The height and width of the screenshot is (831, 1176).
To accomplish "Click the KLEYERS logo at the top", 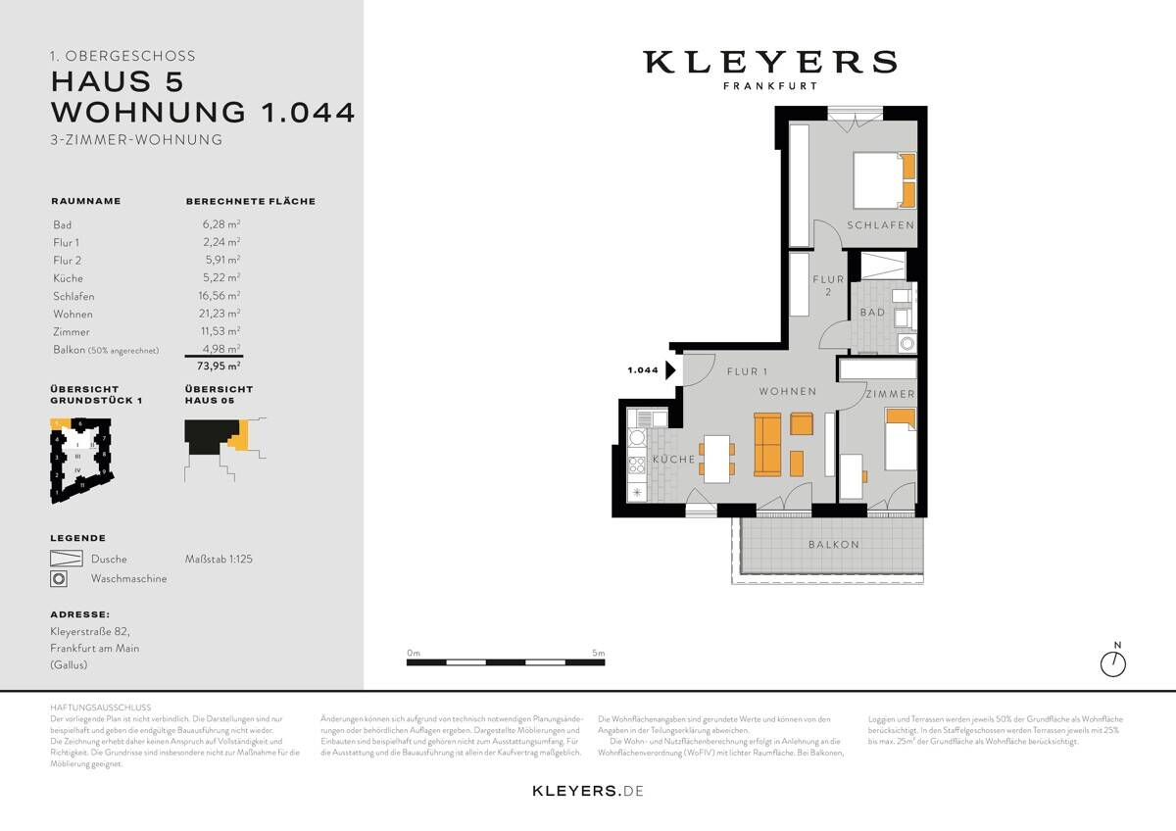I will (769, 63).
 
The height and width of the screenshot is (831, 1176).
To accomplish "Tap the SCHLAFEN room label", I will (881, 225).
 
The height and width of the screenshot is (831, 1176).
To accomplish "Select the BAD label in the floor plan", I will (872, 313).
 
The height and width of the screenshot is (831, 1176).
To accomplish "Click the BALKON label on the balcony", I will (833, 545).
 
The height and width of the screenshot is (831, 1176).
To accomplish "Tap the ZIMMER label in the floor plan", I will (889, 394).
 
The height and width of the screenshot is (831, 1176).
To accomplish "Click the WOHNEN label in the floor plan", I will (787, 392).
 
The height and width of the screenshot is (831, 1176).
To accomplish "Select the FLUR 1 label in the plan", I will (748, 371).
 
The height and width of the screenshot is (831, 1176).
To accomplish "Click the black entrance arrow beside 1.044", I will (670, 370).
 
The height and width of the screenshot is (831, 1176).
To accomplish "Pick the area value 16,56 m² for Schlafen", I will (221, 296).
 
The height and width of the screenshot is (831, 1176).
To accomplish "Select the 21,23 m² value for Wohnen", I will (221, 314).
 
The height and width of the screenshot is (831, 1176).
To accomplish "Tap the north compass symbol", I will (1113, 663).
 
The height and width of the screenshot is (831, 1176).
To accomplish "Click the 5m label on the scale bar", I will (598, 653).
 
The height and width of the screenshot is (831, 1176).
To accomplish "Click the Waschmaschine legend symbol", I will (59, 579).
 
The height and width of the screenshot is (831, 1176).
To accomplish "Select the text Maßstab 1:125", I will (219, 559).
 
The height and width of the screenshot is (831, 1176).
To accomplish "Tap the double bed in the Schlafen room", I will (884, 180).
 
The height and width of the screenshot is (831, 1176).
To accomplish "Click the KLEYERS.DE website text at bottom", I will (587, 790).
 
